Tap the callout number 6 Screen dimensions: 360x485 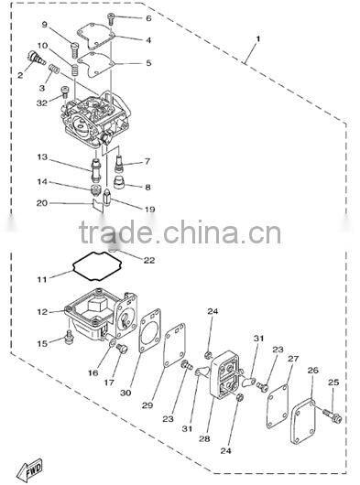tap(148, 18)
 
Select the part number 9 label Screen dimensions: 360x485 tap(43, 25)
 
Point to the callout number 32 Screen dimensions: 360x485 tap(41, 102)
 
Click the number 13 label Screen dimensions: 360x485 tap(42, 157)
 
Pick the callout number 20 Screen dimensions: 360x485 tap(42, 203)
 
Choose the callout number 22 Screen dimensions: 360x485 tap(149, 260)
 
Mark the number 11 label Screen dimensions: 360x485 tap(42, 278)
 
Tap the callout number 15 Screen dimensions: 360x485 tap(42, 343)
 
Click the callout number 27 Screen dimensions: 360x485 tap(293, 359)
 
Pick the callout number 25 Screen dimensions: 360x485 tap(333, 382)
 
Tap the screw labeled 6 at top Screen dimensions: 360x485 tap(112, 17)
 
